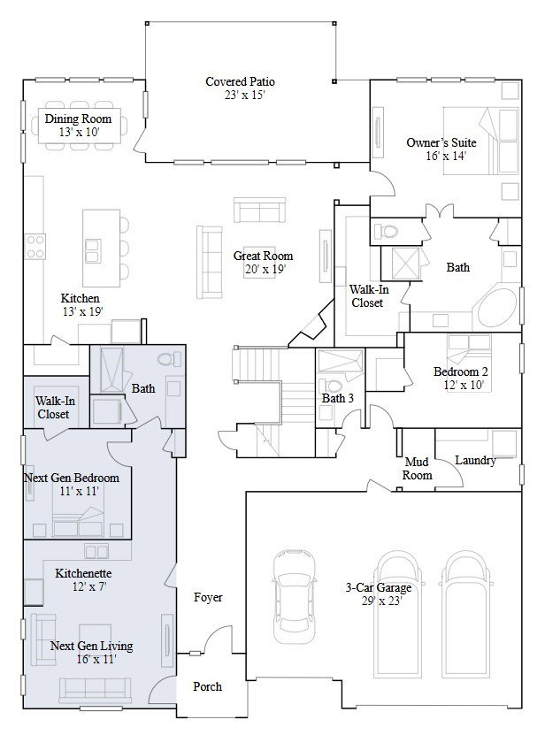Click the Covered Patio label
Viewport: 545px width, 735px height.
[240, 81]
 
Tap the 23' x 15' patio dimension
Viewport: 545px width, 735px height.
[244, 96]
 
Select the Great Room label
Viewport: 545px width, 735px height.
[263, 256]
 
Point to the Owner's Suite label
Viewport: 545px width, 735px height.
[441, 142]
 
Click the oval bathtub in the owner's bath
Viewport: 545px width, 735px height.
[499, 308]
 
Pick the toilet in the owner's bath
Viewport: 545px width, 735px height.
[386, 231]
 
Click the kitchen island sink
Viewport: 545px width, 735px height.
[92, 250]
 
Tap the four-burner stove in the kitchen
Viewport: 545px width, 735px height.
[35, 247]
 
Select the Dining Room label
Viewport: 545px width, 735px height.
[79, 119]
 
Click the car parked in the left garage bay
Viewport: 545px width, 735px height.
[294, 596]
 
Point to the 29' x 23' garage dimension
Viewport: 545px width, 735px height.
[381, 601]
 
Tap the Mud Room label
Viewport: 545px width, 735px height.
[417, 469]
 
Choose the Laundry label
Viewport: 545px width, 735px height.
[475, 460]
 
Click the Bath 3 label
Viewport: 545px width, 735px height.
[338, 398]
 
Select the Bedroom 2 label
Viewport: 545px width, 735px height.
[461, 371]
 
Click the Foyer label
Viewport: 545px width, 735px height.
[208, 597]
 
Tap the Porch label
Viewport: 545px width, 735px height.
[207, 686]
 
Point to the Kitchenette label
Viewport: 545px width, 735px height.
[83, 573]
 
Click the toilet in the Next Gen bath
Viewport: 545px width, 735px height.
[169, 359]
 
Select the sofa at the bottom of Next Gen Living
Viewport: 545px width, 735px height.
[96, 691]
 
